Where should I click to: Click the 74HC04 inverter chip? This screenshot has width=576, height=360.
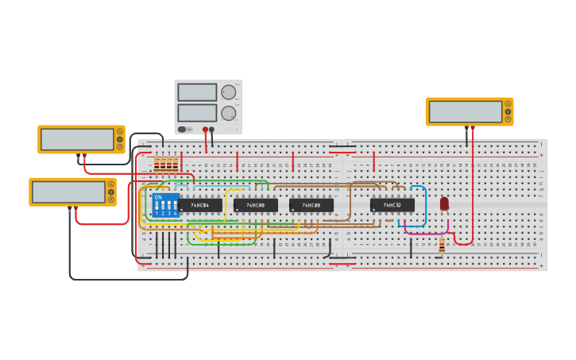pyautogui.click(x=200, y=205)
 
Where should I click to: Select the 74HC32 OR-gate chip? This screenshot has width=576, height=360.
pyautogui.click(x=392, y=205)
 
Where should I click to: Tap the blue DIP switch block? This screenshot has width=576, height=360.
pyautogui.click(x=165, y=205)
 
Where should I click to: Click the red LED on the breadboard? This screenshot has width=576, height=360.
pyautogui.click(x=444, y=203)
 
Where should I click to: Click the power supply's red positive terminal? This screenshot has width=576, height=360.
pyautogui.click(x=205, y=129)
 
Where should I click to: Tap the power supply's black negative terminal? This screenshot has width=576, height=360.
pyautogui.click(x=212, y=129)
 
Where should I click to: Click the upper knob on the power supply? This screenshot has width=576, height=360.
pyautogui.click(x=229, y=92)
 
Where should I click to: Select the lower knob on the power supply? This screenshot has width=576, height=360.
pyautogui.click(x=229, y=113)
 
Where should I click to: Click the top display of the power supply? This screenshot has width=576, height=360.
pyautogui.click(x=197, y=92)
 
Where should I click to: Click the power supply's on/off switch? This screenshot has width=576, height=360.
pyautogui.click(x=183, y=129)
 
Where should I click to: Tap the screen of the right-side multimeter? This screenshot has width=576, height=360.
pyautogui.click(x=466, y=112)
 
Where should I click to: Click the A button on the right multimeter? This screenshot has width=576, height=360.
pyautogui.click(x=508, y=104)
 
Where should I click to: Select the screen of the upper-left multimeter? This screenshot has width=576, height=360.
pyautogui.click(x=77, y=140)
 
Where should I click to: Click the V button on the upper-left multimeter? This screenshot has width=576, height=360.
pyautogui.click(x=120, y=139)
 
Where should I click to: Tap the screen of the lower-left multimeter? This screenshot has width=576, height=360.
pyautogui.click(x=68, y=192)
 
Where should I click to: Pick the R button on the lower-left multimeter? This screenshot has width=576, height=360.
pyautogui.click(x=111, y=199)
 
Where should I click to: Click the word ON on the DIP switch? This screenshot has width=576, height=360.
pyautogui.click(x=158, y=197)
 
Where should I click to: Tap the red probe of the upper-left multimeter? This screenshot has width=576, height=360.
pyautogui.click(x=84, y=157)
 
